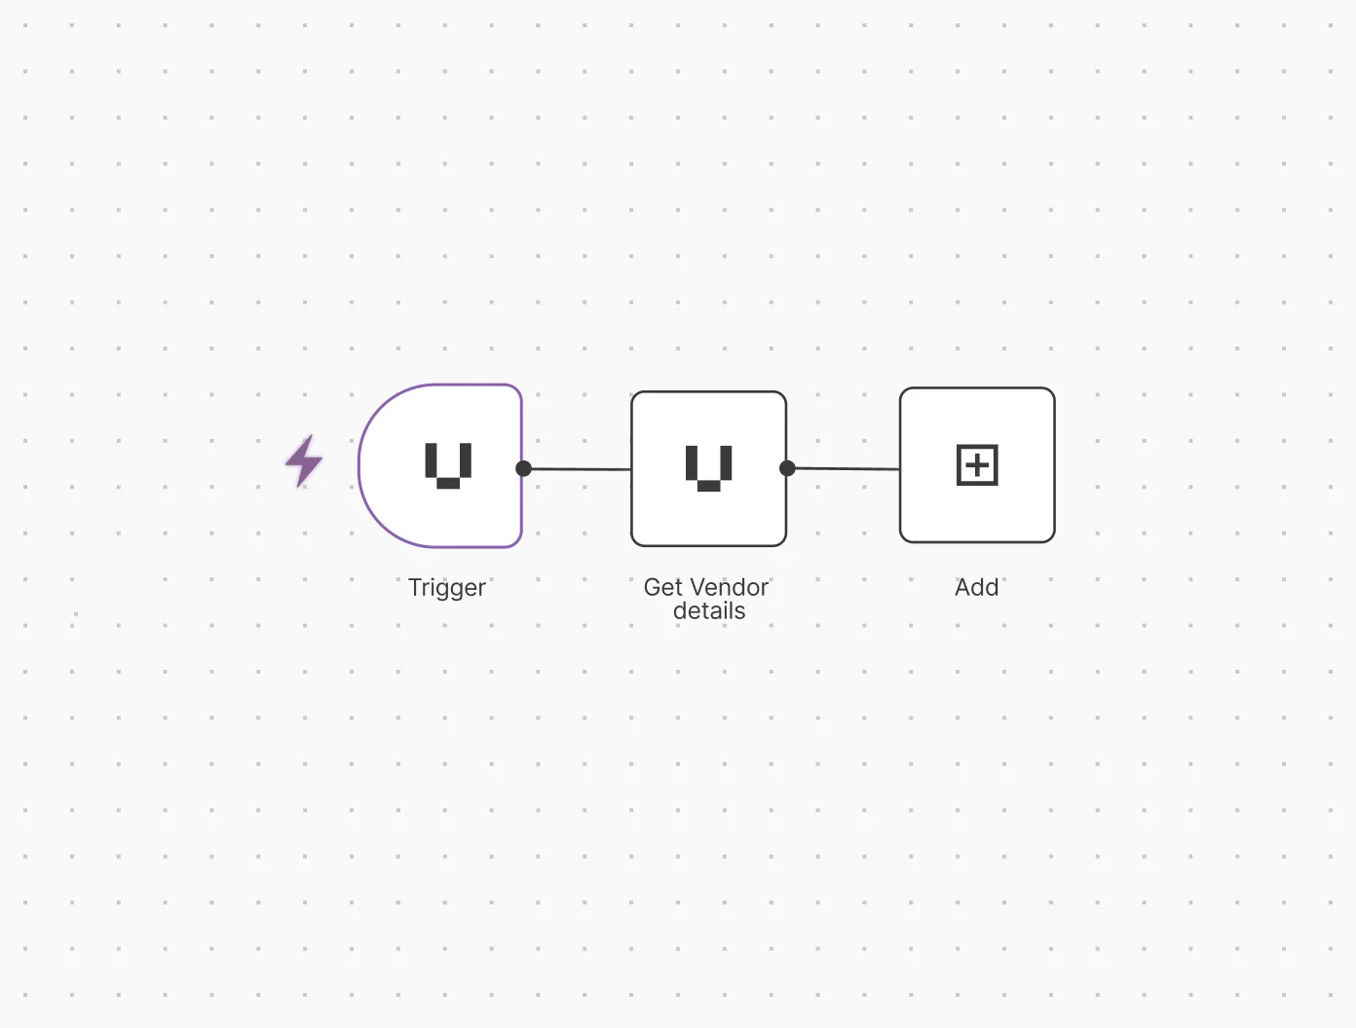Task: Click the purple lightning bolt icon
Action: [304, 460]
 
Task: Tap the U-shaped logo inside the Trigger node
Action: [448, 464]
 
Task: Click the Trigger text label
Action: [446, 588]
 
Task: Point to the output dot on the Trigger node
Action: [523, 468]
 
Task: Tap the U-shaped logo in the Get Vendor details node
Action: [709, 467]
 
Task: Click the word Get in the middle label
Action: [662, 587]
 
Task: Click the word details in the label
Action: [709, 611]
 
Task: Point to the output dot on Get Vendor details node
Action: [787, 468]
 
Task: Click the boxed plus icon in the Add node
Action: [977, 465]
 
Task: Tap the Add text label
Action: [977, 587]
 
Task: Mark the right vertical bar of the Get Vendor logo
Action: [726, 462]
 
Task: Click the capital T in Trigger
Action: [415, 587]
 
